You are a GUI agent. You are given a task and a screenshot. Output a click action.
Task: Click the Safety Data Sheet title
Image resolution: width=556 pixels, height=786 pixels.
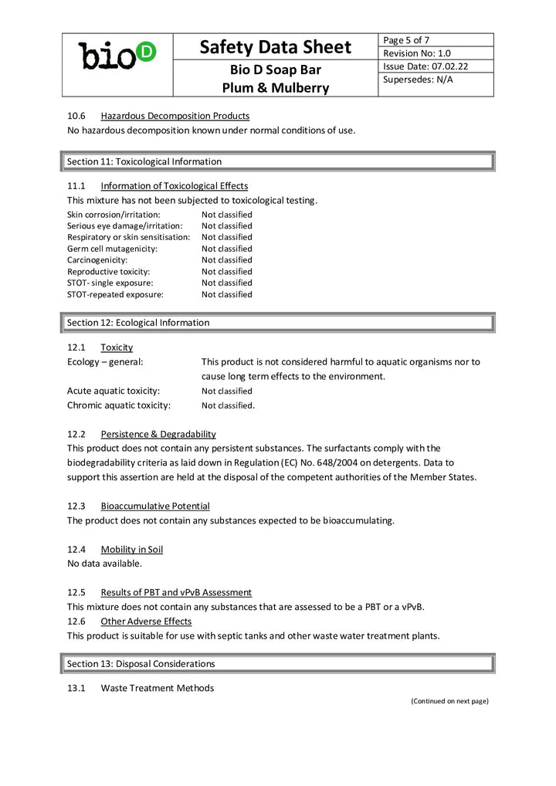point(275,47)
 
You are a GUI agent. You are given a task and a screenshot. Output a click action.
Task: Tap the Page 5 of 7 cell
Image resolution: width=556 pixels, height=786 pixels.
point(407,40)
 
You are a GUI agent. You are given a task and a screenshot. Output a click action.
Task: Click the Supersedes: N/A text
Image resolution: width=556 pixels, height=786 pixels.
point(418,80)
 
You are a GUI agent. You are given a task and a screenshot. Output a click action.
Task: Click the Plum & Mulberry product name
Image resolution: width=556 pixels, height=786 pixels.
point(275,88)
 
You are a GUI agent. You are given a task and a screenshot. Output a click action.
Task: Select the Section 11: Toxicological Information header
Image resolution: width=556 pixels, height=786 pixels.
point(144,161)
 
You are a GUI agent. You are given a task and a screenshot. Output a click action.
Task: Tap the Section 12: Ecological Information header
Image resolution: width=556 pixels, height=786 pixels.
point(138,323)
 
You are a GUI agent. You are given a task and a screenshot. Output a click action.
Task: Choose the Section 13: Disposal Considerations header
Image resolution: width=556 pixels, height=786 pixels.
point(141,664)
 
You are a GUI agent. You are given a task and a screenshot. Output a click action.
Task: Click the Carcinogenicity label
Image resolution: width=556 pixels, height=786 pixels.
point(97,260)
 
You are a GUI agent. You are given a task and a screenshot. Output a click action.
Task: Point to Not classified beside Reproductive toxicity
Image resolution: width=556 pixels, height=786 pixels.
point(227,272)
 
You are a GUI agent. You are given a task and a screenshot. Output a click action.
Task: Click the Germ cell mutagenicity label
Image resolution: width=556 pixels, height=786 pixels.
point(112,249)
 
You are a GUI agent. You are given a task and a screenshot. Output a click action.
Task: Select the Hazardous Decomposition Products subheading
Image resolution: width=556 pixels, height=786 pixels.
point(175,116)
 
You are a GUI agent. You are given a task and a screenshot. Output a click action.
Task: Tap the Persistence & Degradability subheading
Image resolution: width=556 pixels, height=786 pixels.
point(158,434)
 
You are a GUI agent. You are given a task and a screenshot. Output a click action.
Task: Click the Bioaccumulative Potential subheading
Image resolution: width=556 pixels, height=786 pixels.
point(155,506)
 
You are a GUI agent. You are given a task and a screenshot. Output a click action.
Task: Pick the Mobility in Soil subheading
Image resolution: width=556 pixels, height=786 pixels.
point(132,550)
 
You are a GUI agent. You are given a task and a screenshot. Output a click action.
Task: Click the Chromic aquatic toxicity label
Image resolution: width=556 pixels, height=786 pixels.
point(119,405)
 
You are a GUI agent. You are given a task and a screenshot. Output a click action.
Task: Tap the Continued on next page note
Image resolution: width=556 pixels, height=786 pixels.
point(449,701)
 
